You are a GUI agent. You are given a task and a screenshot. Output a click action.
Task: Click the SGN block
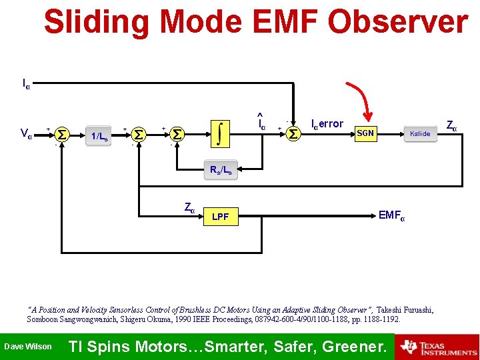pyautogui.click(x=365, y=133)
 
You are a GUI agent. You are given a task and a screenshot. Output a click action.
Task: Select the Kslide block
pyautogui.click(x=420, y=133)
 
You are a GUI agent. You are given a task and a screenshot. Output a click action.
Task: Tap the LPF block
pyautogui.click(x=220, y=217)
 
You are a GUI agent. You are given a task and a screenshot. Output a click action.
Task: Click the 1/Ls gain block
pyautogui.click(x=100, y=136)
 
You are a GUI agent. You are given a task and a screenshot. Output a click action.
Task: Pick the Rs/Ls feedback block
pyautogui.click(x=221, y=170)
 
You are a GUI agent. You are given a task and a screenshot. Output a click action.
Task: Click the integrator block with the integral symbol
pyautogui.click(x=220, y=133)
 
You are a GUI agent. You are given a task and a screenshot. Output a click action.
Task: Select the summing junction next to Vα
pyautogui.click(x=61, y=135)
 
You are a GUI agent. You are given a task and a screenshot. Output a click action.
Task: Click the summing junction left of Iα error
pyautogui.click(x=293, y=135)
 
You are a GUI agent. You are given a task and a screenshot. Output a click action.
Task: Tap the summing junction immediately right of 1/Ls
pyautogui.click(x=139, y=135)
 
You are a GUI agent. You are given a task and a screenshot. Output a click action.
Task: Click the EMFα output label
pyautogui.click(x=391, y=215)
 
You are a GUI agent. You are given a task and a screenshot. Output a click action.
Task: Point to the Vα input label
pyautogui.click(x=26, y=134)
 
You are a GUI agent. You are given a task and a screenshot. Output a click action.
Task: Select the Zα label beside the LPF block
pyautogui.click(x=189, y=208)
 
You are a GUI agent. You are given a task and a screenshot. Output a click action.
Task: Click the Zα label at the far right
pyautogui.click(x=451, y=125)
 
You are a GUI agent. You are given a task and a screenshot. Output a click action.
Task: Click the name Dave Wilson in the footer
pyautogui.click(x=27, y=347)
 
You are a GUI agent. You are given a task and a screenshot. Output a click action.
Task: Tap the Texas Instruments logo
pyautogui.click(x=437, y=347)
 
